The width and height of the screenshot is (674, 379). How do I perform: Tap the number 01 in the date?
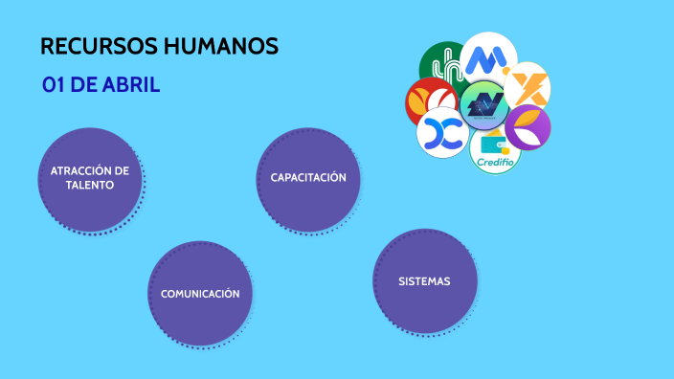tap(53, 85)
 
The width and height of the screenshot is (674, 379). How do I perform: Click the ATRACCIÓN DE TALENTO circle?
tap(90, 179)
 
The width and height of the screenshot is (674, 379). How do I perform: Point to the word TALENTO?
tap(90, 186)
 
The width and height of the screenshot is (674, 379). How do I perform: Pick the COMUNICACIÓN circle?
tap(200, 293)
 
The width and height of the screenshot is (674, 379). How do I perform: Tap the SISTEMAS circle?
tap(424, 281)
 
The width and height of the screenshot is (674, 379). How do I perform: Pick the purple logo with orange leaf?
tap(528, 126)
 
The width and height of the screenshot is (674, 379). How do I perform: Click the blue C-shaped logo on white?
tap(441, 133)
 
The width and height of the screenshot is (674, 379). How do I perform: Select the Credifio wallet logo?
tap(496, 151)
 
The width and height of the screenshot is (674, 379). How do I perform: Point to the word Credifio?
tap(496, 164)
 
